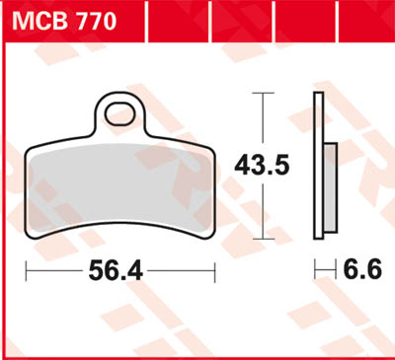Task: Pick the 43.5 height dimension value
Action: pos(262,166)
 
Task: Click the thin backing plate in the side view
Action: pos(318,166)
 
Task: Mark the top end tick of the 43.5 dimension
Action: pos(262,93)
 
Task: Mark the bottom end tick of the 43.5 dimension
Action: pos(262,238)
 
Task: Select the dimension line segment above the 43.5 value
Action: pos(262,118)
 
